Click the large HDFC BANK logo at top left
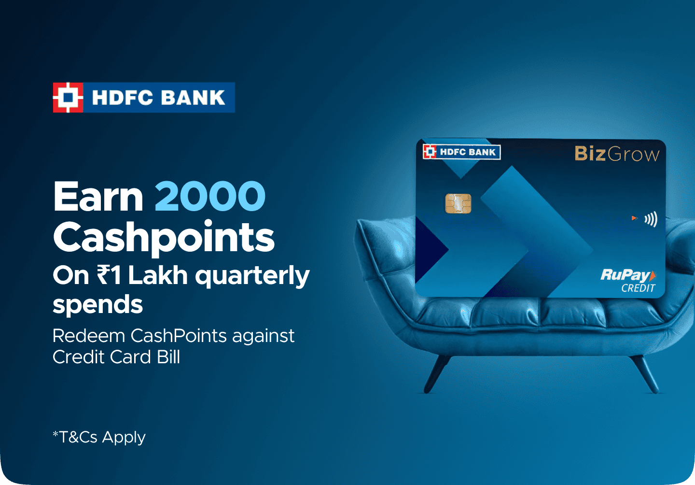click(x=144, y=98)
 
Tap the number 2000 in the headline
click(x=210, y=197)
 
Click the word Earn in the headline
click(x=98, y=197)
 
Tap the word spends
click(x=97, y=305)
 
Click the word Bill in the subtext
click(x=168, y=357)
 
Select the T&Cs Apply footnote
click(x=99, y=437)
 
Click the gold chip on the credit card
click(x=459, y=203)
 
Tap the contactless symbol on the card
click(x=651, y=219)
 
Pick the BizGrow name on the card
click(x=617, y=154)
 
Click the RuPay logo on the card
click(x=628, y=275)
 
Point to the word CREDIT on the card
click(x=638, y=288)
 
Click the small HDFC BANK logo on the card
click(x=462, y=152)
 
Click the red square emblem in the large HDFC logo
click(x=68, y=98)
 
